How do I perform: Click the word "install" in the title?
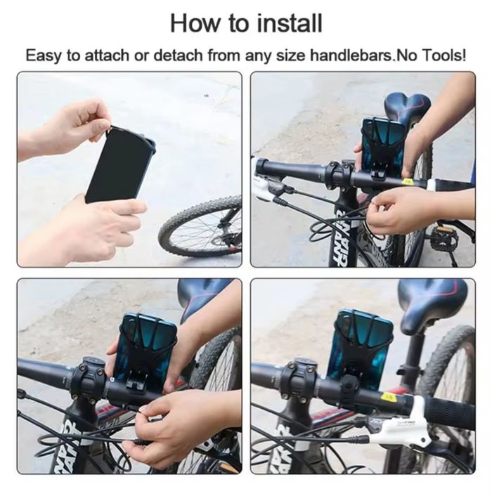[290, 23]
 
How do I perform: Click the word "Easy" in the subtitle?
[44, 56]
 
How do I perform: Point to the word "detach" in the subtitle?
[178, 56]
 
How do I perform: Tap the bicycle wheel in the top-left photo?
[200, 227]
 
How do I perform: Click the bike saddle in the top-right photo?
[407, 106]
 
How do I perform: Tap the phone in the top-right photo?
[384, 143]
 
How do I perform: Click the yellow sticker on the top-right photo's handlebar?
[408, 182]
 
